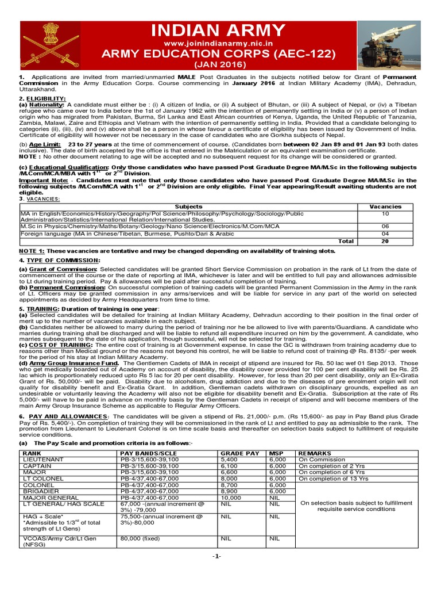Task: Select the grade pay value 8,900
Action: pyautogui.click(x=229, y=491)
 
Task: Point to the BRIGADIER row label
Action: pyautogui.click(x=41, y=491)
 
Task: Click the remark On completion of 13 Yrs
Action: pyautogui.click(x=333, y=479)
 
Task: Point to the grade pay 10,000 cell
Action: pyautogui.click(x=231, y=498)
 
